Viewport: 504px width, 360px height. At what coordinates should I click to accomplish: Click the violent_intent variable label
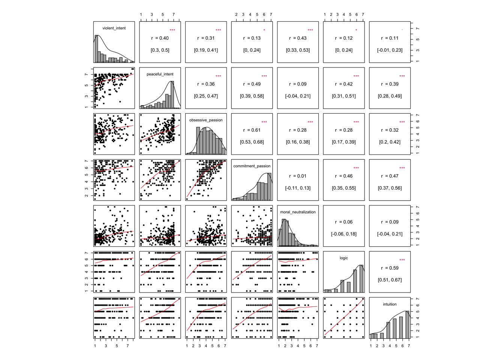coord(114,28)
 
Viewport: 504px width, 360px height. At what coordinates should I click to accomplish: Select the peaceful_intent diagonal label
coord(160,74)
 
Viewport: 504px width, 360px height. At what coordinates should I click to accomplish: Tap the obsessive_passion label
coord(206,120)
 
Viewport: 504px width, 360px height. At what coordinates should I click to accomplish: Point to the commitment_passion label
coord(252,166)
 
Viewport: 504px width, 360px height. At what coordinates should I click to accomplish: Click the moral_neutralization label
coord(298,212)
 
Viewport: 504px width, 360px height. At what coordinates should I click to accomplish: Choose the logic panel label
coord(343,258)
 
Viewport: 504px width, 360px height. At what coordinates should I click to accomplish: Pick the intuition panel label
coord(390,304)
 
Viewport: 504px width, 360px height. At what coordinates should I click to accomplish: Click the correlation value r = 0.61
coord(252,130)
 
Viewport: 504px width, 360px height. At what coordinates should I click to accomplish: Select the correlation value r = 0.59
coord(390,268)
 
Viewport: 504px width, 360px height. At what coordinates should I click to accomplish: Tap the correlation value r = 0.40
coord(160,38)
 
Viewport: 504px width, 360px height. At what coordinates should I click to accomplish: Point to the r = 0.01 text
coord(298,176)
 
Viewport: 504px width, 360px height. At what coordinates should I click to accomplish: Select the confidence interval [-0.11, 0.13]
coord(298,188)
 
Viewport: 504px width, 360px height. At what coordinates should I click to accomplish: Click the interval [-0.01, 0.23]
coord(390,50)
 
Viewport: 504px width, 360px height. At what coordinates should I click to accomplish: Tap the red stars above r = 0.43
coord(310,30)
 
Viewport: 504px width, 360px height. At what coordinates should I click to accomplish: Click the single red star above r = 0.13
coord(264,30)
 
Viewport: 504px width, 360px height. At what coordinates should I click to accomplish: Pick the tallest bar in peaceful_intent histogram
coord(172,94)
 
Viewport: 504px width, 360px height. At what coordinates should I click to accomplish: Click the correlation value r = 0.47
coord(390,176)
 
